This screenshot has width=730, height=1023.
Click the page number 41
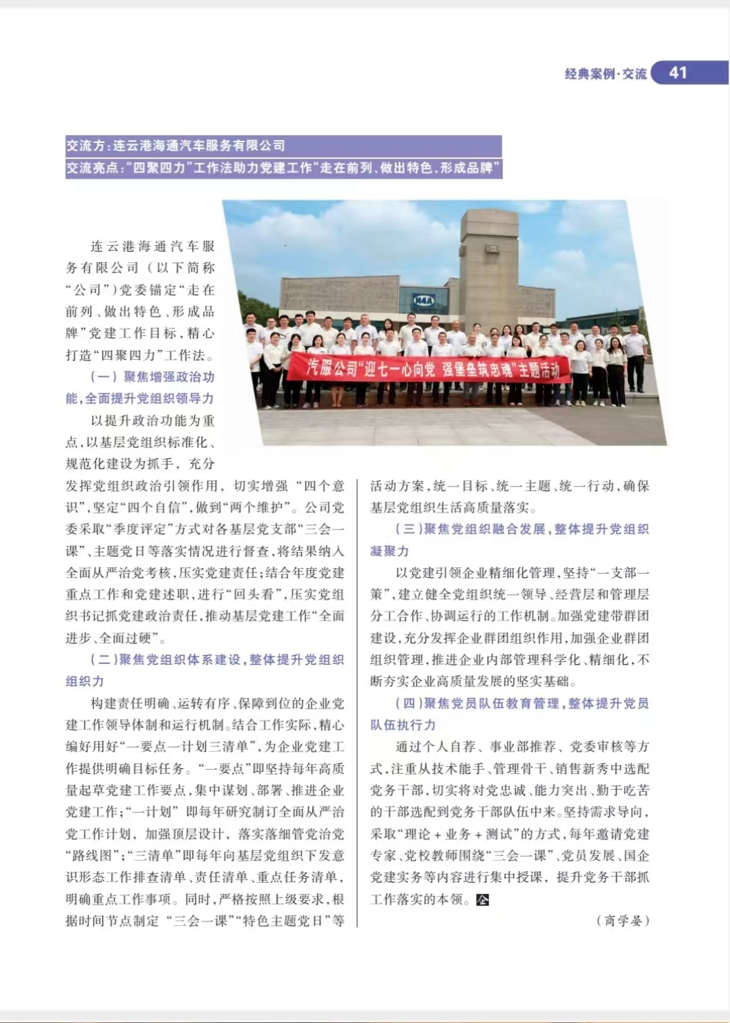678,72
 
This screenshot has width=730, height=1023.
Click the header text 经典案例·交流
606,73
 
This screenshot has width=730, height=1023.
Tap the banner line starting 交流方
175,146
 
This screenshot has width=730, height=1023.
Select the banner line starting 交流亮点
283,168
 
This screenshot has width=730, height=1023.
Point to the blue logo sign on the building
422,300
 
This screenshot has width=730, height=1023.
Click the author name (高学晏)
622,921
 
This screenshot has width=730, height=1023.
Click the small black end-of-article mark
483,899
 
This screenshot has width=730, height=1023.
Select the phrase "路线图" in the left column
93,856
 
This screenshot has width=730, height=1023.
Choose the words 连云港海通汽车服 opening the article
153,246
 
